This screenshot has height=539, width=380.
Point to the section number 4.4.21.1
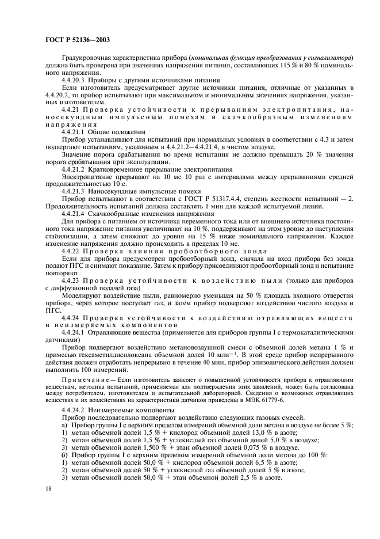(75, 131)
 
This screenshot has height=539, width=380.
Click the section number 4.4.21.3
(75, 190)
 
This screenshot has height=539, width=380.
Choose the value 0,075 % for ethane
(228, 446)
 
